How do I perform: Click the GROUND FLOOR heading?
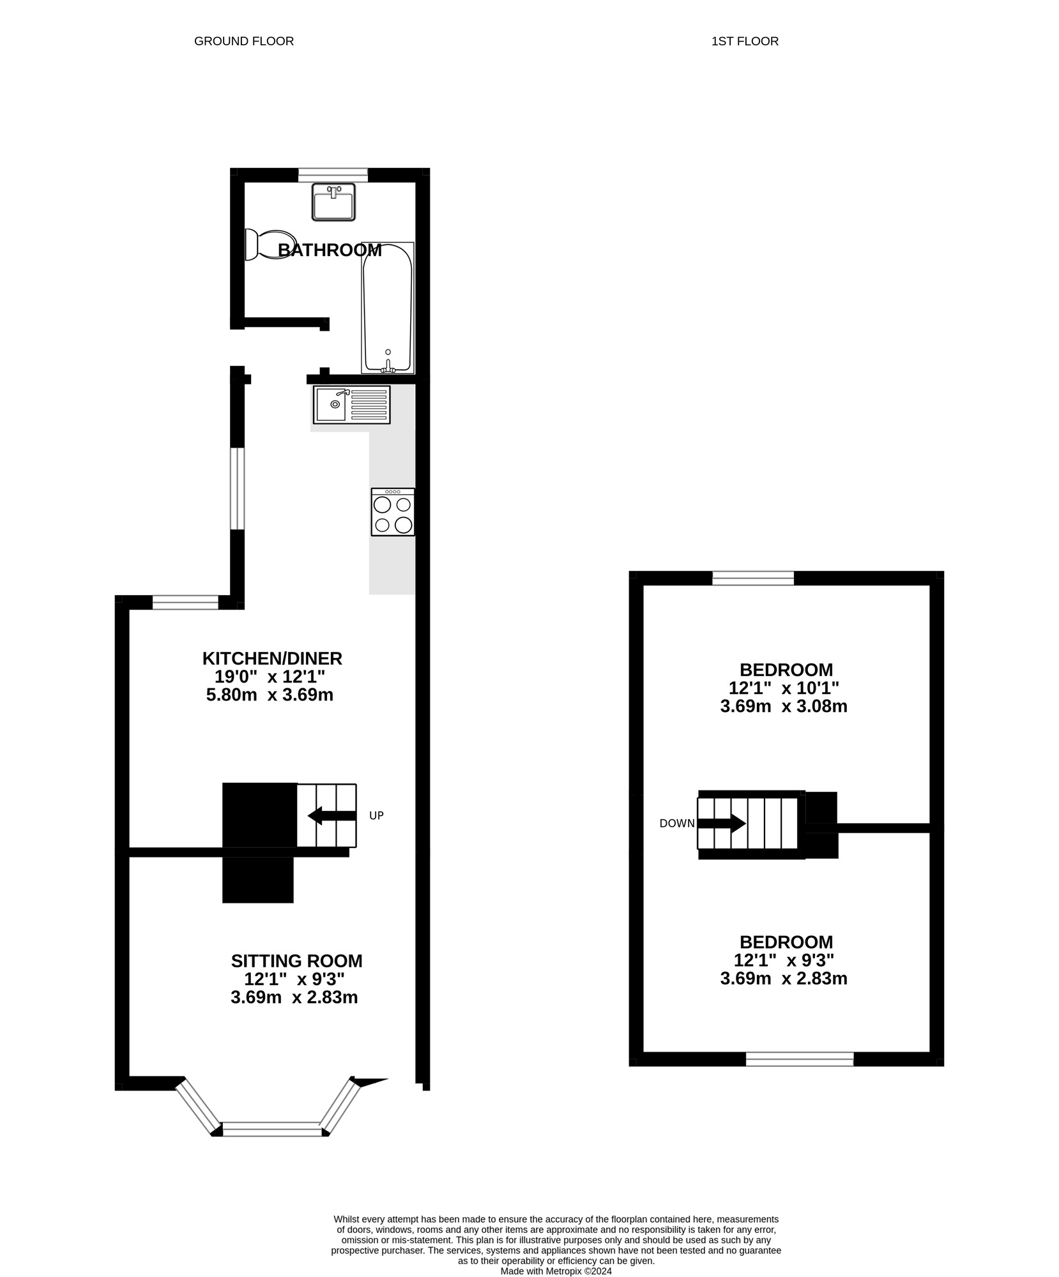pyautogui.click(x=243, y=42)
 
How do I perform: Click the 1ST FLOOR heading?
pyautogui.click(x=744, y=42)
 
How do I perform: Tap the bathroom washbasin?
pyautogui.click(x=333, y=202)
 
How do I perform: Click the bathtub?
pyautogui.click(x=387, y=308)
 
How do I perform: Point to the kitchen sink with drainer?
pyautogui.click(x=351, y=405)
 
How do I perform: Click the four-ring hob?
pyautogui.click(x=393, y=511)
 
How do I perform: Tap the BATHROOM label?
pyautogui.click(x=330, y=250)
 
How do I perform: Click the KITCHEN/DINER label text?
pyautogui.click(x=272, y=658)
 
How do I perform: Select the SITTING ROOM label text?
pyautogui.click(x=296, y=961)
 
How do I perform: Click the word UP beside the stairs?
pyautogui.click(x=376, y=816)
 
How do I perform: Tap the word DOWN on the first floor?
pyautogui.click(x=676, y=824)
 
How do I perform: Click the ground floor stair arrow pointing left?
pyautogui.click(x=331, y=815)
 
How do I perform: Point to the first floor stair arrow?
pyautogui.click(x=721, y=823)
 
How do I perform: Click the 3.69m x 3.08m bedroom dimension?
pyautogui.click(x=783, y=707)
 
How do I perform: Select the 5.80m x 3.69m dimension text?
pyautogui.click(x=270, y=695)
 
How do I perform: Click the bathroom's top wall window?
pyautogui.click(x=333, y=174)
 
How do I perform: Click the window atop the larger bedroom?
pyautogui.click(x=752, y=578)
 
